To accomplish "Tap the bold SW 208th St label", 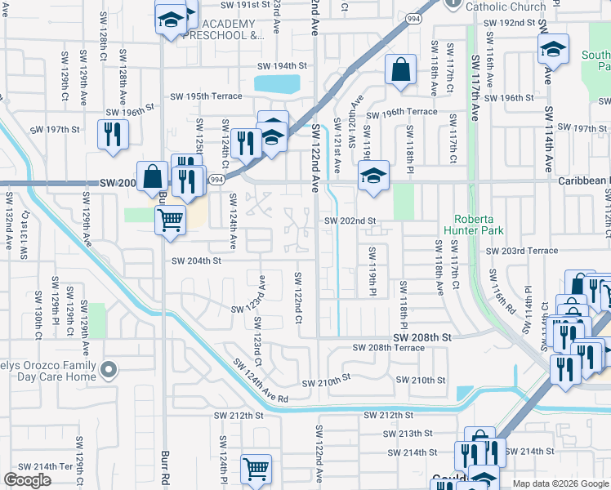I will [x=421, y=336].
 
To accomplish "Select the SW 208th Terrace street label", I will [x=388, y=348].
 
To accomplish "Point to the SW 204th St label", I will [x=196, y=261].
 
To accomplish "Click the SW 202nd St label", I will [x=350, y=220].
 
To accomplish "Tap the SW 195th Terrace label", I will [x=206, y=96].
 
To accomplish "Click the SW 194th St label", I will [x=282, y=65].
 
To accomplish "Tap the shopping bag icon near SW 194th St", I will [x=401, y=72].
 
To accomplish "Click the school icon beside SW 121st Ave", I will [x=372, y=176].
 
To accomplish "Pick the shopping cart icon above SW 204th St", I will [x=169, y=219].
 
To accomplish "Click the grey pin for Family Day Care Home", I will [x=107, y=372].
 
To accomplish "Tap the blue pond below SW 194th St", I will [x=276, y=83].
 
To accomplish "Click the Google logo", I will [x=27, y=480].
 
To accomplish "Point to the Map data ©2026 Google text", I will [x=560, y=483].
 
